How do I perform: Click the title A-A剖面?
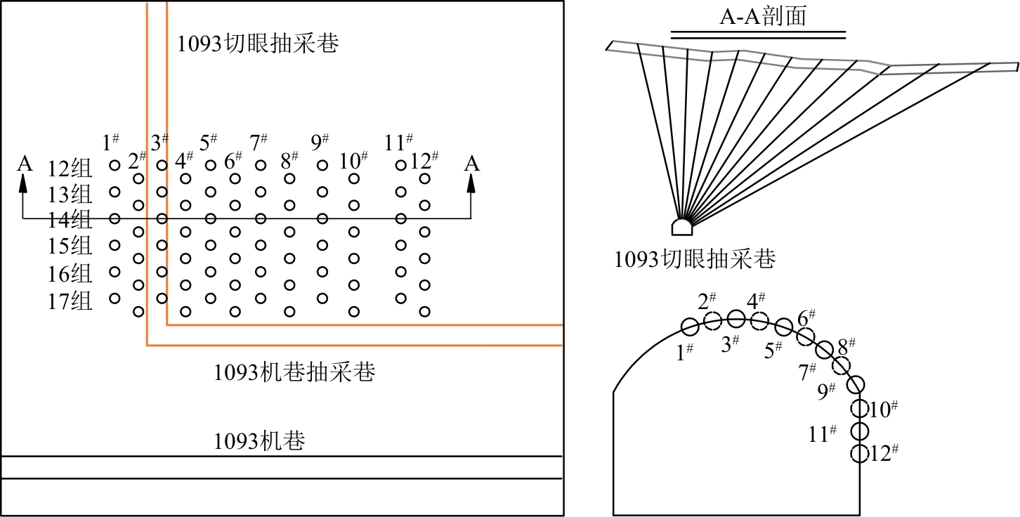[762, 16]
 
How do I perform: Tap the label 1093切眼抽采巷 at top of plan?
[257, 44]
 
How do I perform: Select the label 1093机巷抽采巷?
[294, 372]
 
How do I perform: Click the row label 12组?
[70, 169]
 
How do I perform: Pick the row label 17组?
[70, 302]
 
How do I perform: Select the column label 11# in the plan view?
[398, 143]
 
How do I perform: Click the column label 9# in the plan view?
[320, 143]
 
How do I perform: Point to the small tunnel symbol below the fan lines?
[682, 227]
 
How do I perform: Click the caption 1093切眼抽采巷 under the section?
[695, 260]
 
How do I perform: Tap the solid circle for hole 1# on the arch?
[690, 326]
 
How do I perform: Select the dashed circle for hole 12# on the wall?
[859, 453]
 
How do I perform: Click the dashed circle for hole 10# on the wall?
[859, 407]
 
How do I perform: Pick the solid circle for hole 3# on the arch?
[736, 318]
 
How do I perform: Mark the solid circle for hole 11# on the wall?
[860, 431]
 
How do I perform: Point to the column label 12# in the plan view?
[424, 161]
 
